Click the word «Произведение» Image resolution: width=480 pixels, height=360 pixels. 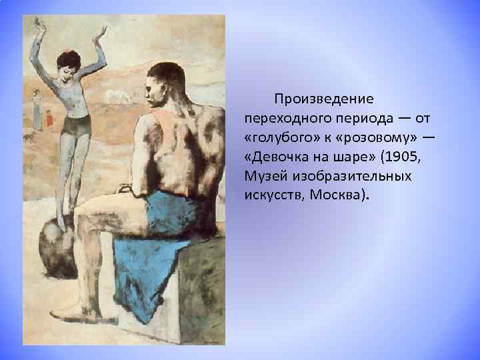[x=323, y=99]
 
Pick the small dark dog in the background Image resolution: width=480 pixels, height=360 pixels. [x=27, y=138]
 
